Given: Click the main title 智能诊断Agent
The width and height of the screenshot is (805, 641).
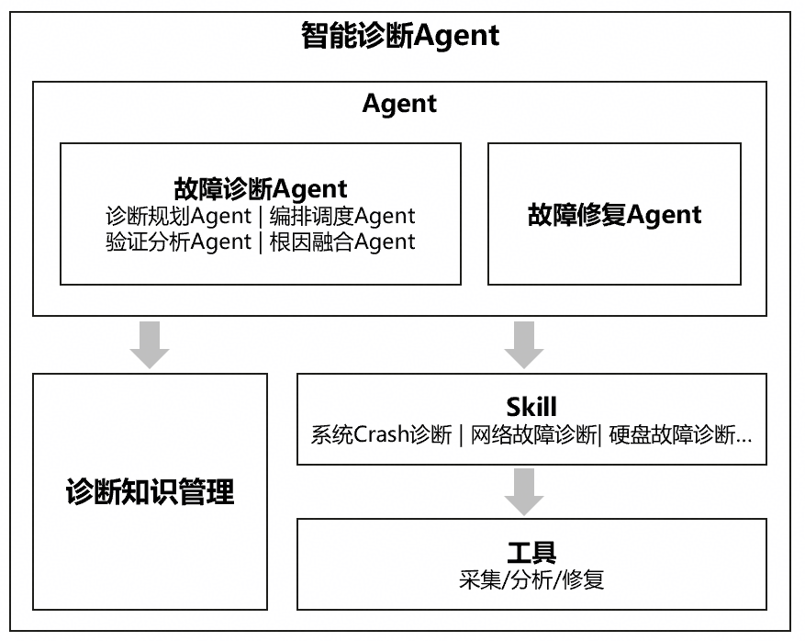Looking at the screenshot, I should pos(400,36).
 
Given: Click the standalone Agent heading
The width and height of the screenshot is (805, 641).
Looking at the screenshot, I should pos(399,104).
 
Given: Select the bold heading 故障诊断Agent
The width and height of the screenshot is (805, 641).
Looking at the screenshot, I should pos(261,189).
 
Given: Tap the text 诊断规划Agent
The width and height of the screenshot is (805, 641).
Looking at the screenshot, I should pos(178,217).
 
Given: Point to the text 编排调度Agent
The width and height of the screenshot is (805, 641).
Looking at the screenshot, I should pos(342,217).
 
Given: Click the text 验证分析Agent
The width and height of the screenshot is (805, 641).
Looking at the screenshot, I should pos(178,242).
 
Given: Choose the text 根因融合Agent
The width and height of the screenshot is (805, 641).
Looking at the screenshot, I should pos(342,242).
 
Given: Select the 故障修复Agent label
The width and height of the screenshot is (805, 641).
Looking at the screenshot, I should pos(614,215).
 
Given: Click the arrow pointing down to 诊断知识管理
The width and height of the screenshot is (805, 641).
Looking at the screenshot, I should pos(150,343).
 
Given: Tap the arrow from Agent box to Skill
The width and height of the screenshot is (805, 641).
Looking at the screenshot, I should pos(524,343).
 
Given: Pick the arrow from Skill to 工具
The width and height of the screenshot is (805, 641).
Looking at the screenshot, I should pos(524,490).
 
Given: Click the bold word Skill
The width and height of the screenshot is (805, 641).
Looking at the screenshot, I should pos(531,407).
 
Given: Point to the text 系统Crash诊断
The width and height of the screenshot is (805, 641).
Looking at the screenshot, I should pos(381,435).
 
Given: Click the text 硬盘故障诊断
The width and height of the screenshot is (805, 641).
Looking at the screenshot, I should pos(674,435).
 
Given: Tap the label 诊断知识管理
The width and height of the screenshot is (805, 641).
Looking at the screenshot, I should pos(150,493).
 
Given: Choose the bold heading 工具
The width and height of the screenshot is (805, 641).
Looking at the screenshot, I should pos(531,553).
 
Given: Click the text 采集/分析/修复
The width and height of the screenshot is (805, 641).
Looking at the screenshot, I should pos(531,579).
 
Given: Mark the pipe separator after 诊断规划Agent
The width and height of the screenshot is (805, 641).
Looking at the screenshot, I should pos(260,217).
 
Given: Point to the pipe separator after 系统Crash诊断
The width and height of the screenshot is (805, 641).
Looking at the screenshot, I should pos(461,435).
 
